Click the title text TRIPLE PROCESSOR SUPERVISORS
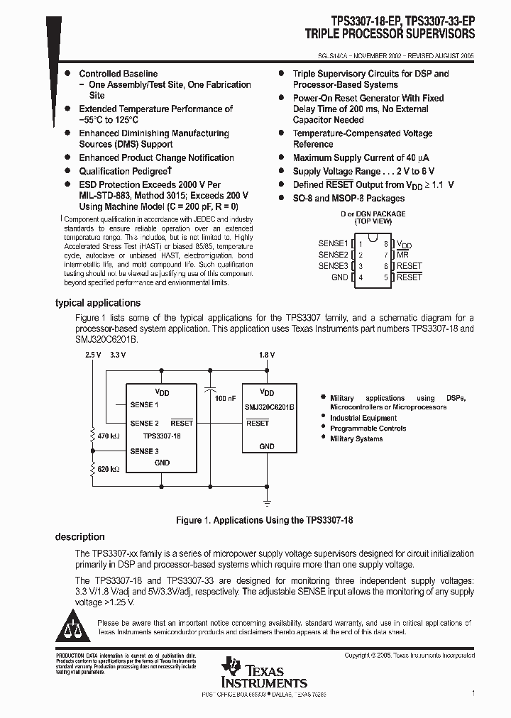pos(390,33)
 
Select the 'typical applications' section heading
pos(98,303)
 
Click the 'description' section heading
pos(80,537)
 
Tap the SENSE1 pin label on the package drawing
pos(333,243)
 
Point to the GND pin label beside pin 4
pos(339,277)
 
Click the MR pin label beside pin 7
pos(402,255)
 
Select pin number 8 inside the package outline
pos(386,243)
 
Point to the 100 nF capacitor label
pos(225,399)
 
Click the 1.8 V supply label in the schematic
pos(267,354)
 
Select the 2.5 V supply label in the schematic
pos(92,354)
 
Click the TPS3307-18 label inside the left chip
pos(162,437)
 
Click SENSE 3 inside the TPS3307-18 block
pos(144,451)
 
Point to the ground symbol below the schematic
pos(267,502)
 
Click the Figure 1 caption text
pos(264,520)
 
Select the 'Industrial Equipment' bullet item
pos(363,419)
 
